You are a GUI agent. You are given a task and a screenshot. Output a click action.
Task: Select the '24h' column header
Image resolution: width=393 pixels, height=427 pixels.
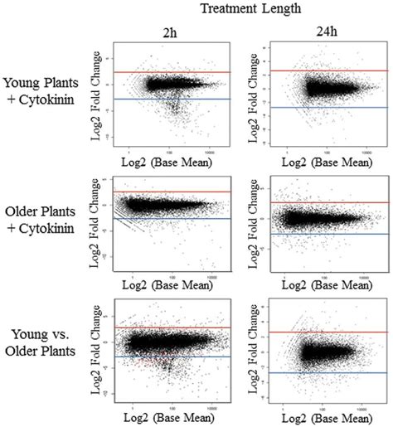coord(319,33)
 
